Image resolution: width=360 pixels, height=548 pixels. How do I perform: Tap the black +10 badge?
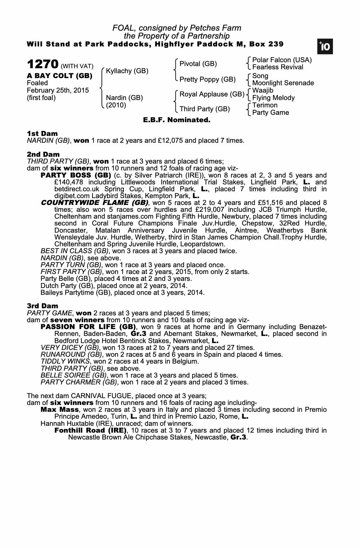pyautogui.click(x=325, y=47)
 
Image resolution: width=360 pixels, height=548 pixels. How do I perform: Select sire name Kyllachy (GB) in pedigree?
pyautogui.click(x=127, y=71)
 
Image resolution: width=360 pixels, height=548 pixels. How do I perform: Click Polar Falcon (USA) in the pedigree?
pyautogui.click(x=282, y=60)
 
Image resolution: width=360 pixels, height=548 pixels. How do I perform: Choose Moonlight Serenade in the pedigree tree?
pyautogui.click(x=283, y=83)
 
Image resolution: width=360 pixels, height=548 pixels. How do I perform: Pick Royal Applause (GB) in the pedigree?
pyautogui.click(x=212, y=94)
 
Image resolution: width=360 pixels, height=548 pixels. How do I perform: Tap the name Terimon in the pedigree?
pyautogui.click(x=265, y=105)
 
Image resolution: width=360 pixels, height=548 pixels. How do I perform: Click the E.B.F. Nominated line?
pyautogui.click(x=177, y=120)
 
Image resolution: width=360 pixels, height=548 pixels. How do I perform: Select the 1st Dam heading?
pyautogui.click(x=42, y=133)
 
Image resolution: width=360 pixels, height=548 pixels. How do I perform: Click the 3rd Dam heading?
pyautogui.click(x=42, y=306)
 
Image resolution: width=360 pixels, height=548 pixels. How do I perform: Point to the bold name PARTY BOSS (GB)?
pyautogui.click(x=76, y=175)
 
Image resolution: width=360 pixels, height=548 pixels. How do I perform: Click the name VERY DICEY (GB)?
pyautogui.click(x=70, y=348)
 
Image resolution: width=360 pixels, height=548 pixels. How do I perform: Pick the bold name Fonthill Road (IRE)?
pyautogui.click(x=90, y=430)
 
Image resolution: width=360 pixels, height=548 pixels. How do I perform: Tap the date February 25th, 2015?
pyautogui.click(x=58, y=90)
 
